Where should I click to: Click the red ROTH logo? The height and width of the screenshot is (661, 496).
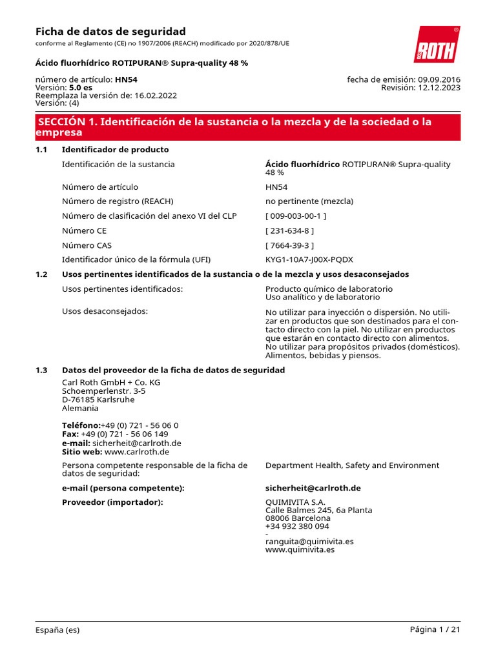pyautogui.click(x=437, y=45)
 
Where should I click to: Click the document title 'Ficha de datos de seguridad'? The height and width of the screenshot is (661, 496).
pyautogui.click(x=110, y=32)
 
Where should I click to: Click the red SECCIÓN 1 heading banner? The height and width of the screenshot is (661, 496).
pyautogui.click(x=248, y=127)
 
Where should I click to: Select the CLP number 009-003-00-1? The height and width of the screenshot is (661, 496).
pyautogui.click(x=296, y=216)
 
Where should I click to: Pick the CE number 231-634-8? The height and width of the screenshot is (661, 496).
pyautogui.click(x=290, y=230)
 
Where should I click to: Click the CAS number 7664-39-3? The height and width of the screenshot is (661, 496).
pyautogui.click(x=290, y=245)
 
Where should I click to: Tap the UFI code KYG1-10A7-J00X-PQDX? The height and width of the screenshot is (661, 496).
pyautogui.click(x=309, y=259)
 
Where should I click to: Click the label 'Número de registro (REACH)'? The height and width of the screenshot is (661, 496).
pyautogui.click(x=118, y=201)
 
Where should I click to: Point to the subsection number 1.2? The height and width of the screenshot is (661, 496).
pyautogui.click(x=41, y=274)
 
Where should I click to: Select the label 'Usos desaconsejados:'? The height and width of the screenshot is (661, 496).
pyautogui.click(x=105, y=311)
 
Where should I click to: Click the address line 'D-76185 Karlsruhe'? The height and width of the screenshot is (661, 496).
pyautogui.click(x=98, y=400)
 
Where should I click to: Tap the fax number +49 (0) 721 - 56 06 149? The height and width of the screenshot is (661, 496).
pyautogui.click(x=125, y=434)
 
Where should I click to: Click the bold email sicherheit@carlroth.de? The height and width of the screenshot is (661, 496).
pyautogui.click(x=313, y=488)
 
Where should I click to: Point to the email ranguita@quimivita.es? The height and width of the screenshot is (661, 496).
pyautogui.click(x=309, y=542)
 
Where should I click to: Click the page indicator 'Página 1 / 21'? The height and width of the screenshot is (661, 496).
pyautogui.click(x=435, y=630)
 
